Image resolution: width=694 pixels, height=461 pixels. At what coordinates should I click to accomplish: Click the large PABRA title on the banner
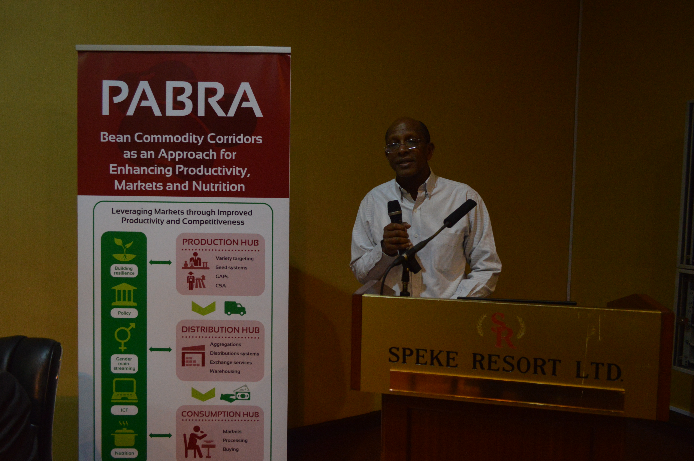click(x=182, y=99)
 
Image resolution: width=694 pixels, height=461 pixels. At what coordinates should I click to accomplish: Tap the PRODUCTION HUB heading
click(x=220, y=242)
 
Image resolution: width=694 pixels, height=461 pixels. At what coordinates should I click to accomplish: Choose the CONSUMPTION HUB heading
click(x=220, y=414)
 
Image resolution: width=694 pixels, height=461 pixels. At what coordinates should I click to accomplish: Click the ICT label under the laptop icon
click(x=124, y=410)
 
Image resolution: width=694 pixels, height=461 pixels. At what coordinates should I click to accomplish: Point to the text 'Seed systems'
click(x=231, y=267)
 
